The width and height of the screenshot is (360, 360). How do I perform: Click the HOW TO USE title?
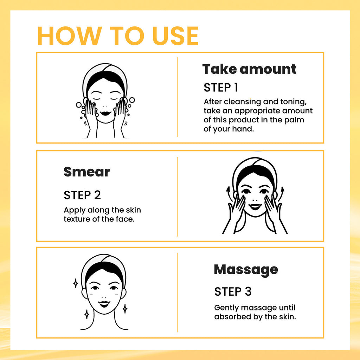118,36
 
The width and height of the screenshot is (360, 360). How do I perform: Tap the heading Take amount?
249,69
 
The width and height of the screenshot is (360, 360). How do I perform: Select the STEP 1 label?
221,87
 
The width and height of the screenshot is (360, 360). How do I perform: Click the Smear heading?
87,172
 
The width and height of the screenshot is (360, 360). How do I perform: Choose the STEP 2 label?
82,195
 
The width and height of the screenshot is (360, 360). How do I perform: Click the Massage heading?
246,270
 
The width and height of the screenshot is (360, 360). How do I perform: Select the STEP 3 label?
233,291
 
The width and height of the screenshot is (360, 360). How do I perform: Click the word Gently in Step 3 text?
226,308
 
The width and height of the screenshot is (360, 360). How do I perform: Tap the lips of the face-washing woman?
105,114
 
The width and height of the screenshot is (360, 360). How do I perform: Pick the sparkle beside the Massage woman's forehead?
75,283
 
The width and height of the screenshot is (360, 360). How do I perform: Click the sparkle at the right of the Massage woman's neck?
124,309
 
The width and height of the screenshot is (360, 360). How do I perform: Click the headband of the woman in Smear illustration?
255,165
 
